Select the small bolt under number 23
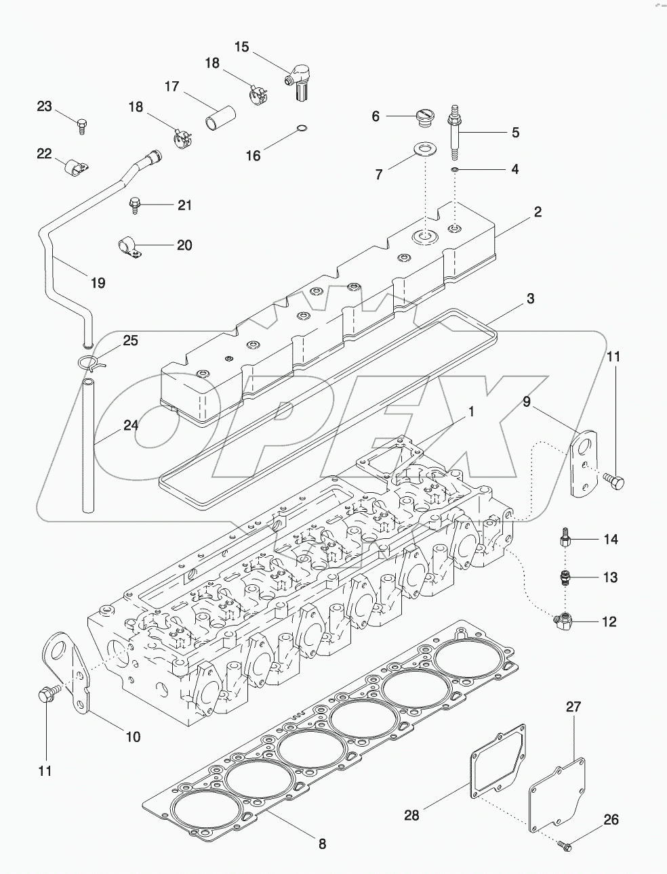(82, 127)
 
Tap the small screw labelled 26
(565, 846)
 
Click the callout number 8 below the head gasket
(323, 844)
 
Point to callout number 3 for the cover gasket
(531, 299)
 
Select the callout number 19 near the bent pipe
(98, 282)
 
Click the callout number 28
(411, 815)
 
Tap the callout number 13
(610, 577)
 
